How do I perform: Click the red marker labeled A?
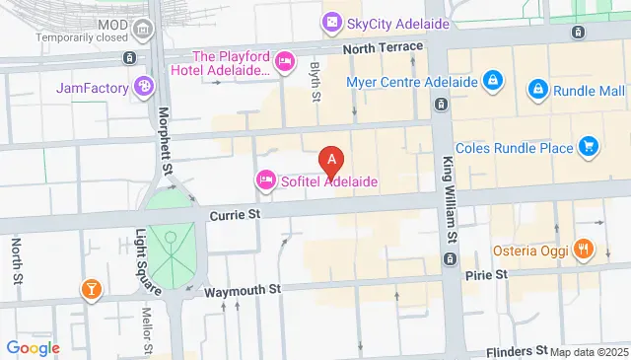(x=333, y=158)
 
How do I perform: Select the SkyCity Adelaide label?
(x=397, y=23)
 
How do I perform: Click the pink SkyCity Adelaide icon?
(x=332, y=22)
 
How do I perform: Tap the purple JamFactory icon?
(x=145, y=88)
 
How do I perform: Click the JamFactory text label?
(x=93, y=88)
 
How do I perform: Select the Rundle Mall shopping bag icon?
(x=538, y=90)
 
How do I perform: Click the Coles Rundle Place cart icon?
(x=589, y=148)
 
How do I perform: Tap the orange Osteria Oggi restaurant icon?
(x=584, y=251)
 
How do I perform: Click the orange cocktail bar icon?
(x=91, y=289)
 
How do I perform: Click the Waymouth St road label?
(x=243, y=291)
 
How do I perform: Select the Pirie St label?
(x=486, y=273)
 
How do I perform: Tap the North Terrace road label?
(x=383, y=47)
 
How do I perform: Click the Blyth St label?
(x=315, y=82)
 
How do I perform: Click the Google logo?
(x=33, y=347)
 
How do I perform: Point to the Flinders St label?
(x=514, y=350)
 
